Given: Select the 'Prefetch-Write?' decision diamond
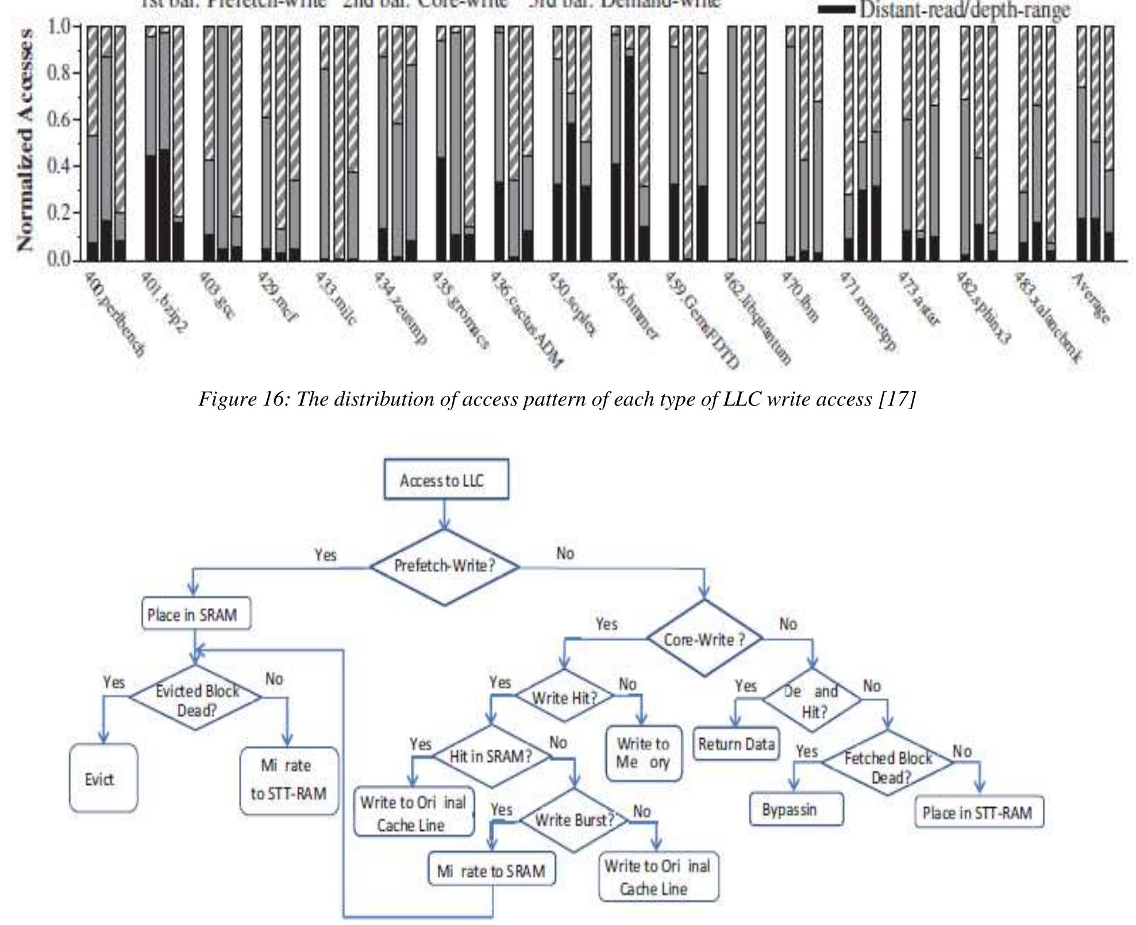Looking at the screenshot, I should [445, 566].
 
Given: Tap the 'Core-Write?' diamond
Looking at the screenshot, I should [704, 639].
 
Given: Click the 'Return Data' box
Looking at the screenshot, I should [736, 745].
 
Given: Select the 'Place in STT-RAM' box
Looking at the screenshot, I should [978, 813].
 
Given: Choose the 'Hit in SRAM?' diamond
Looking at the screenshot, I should [491, 757].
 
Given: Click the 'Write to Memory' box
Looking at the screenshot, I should [644, 753].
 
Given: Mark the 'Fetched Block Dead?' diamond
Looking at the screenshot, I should [887, 767].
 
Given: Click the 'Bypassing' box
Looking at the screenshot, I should [796, 810].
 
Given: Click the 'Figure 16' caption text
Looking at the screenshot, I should [557, 399].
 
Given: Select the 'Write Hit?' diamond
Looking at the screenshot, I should [565, 697].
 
